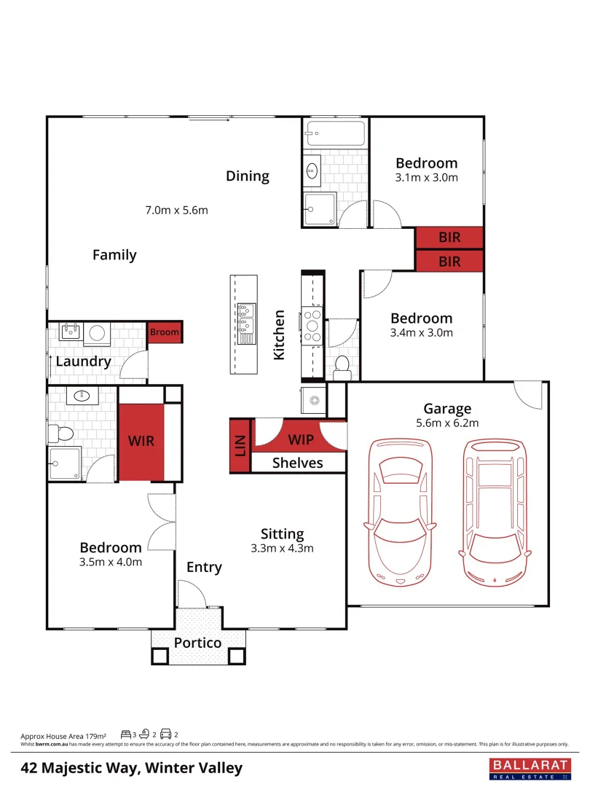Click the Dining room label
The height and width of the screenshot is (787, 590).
pyautogui.click(x=247, y=176)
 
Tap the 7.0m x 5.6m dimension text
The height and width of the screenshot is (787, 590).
pyautogui.click(x=177, y=211)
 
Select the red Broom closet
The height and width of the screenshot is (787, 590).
pyautogui.click(x=164, y=332)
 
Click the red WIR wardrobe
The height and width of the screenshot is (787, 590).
pyautogui.click(x=141, y=442)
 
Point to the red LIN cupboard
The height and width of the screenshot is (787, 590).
pyautogui.click(x=240, y=447)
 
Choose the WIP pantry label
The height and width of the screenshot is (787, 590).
pyautogui.click(x=301, y=440)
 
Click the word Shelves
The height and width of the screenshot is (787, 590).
pyautogui.click(x=297, y=463)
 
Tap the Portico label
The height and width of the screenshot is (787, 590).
pyautogui.click(x=197, y=643)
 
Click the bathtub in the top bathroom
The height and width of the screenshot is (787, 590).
pyautogui.click(x=335, y=134)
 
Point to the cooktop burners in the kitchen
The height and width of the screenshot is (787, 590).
pyautogui.click(x=313, y=326)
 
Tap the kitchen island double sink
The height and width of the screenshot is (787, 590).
pyautogui.click(x=247, y=322)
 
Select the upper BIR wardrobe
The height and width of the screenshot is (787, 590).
pyautogui.click(x=449, y=238)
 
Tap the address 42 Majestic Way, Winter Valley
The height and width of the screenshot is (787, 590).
pyautogui.click(x=132, y=768)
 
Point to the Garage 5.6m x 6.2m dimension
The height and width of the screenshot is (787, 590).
pyautogui.click(x=447, y=423)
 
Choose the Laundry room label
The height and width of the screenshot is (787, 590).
pyautogui.click(x=83, y=361)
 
